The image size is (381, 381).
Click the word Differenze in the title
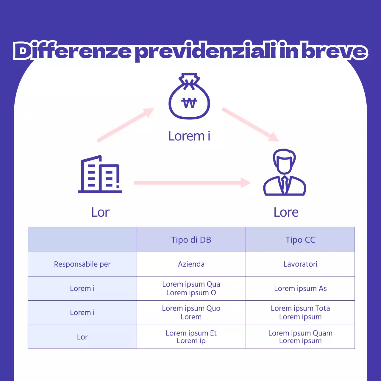(x=72, y=51)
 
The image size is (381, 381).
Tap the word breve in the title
(x=335, y=51)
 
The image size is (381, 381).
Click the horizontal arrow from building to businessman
(x=192, y=183)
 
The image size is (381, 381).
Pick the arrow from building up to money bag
(x=125, y=125)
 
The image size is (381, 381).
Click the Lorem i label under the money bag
(x=189, y=136)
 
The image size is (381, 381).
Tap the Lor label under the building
(x=100, y=213)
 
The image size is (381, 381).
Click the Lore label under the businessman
(x=286, y=213)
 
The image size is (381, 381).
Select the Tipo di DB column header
(x=191, y=240)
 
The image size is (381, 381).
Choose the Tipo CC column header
(x=300, y=240)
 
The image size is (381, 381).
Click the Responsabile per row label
(x=82, y=264)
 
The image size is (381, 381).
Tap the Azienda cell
(x=191, y=264)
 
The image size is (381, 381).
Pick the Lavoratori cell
(x=300, y=264)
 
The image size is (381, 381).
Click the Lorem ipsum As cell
(x=300, y=288)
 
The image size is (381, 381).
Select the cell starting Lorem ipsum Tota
(x=300, y=313)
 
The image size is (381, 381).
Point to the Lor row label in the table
(x=82, y=337)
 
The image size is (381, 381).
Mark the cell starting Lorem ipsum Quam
(x=300, y=337)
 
